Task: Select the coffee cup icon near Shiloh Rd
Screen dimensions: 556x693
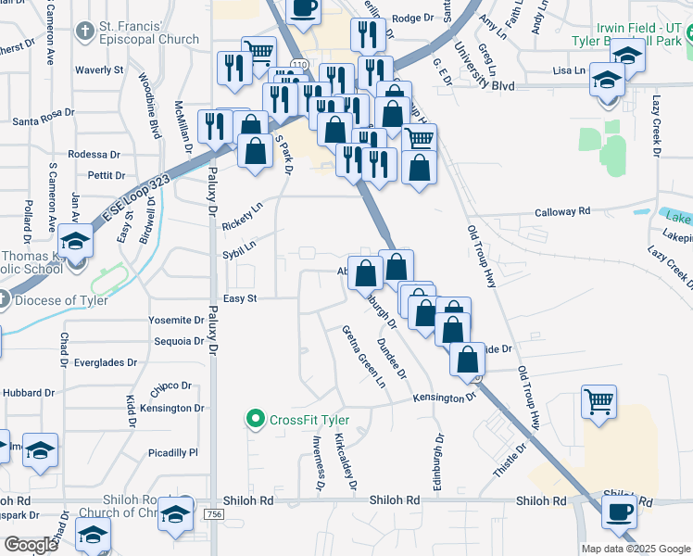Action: pos(619,510)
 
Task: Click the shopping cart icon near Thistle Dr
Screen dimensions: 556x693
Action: pos(598,402)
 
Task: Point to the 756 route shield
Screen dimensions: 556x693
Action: pos(214,514)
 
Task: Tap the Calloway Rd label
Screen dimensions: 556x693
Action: pos(562,212)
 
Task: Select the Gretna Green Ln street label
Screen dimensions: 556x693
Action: pos(363,356)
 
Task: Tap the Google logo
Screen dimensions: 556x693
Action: pos(30,545)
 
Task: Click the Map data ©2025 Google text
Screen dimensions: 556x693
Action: pos(634,549)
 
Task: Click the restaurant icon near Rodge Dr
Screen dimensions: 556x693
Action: pos(369,34)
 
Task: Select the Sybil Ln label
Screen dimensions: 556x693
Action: pos(238,250)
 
